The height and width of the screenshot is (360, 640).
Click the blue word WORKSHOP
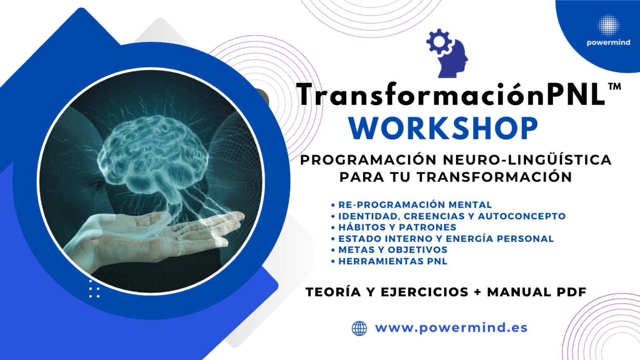point(443,128)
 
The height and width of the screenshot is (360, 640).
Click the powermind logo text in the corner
point(608,43)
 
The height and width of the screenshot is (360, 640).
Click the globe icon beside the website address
point(359,328)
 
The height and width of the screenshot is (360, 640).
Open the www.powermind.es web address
point(451,328)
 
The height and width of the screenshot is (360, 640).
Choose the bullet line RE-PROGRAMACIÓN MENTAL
point(415,205)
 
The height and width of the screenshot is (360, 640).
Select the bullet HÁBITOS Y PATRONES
point(397,227)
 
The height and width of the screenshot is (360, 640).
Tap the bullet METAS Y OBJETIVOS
point(392,250)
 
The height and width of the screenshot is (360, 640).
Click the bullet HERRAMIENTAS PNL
point(392,261)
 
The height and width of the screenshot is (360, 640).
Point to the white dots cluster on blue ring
point(94,289)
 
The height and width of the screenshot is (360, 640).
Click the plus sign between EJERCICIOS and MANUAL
point(477,292)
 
